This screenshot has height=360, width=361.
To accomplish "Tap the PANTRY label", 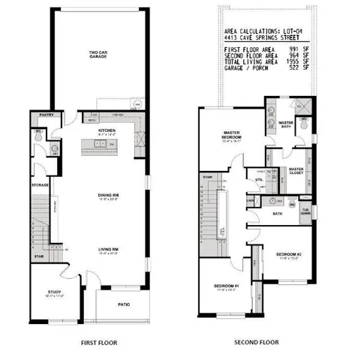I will point(41,115).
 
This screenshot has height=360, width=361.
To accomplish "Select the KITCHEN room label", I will point(106,130).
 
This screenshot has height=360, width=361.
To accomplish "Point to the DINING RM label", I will point(109,196).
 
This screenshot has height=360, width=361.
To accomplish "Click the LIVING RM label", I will point(109,250).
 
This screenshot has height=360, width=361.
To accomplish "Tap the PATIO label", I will point(124,304).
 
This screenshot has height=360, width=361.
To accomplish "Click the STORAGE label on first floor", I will point(40,184).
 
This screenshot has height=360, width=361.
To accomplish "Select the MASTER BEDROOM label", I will point(230,136).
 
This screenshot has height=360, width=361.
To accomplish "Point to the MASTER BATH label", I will point(286,124).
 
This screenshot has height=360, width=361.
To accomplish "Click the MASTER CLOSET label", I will point(296,171).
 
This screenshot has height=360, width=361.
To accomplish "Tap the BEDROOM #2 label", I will point(287,255).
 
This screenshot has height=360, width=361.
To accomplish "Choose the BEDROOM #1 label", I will point(226,286).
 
